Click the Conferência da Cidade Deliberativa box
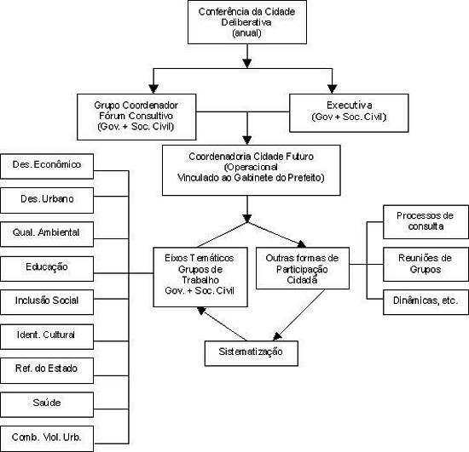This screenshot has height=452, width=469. [247, 22]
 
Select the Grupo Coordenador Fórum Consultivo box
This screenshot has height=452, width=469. [136, 117]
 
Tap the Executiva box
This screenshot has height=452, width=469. [349, 113]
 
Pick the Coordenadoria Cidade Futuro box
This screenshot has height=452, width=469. [252, 170]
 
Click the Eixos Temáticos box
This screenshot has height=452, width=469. [200, 277]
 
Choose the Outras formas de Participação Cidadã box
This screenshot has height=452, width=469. [303, 268]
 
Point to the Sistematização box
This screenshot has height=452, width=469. [252, 353]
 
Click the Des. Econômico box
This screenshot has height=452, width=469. [47, 166]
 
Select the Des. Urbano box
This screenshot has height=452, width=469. [47, 200]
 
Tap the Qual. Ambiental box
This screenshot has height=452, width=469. [47, 234]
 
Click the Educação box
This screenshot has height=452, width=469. [47, 268]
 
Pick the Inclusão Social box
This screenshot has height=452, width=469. [47, 302]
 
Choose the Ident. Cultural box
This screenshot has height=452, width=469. [47, 336]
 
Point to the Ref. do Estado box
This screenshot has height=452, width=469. [47, 370]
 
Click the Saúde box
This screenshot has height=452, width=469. [47, 404]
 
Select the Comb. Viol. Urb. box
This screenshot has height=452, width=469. [47, 438]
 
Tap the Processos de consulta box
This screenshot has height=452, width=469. [426, 222]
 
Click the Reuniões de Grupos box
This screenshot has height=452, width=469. [426, 264]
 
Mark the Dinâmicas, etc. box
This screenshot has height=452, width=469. [426, 302]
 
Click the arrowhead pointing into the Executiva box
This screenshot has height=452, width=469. [332, 89]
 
